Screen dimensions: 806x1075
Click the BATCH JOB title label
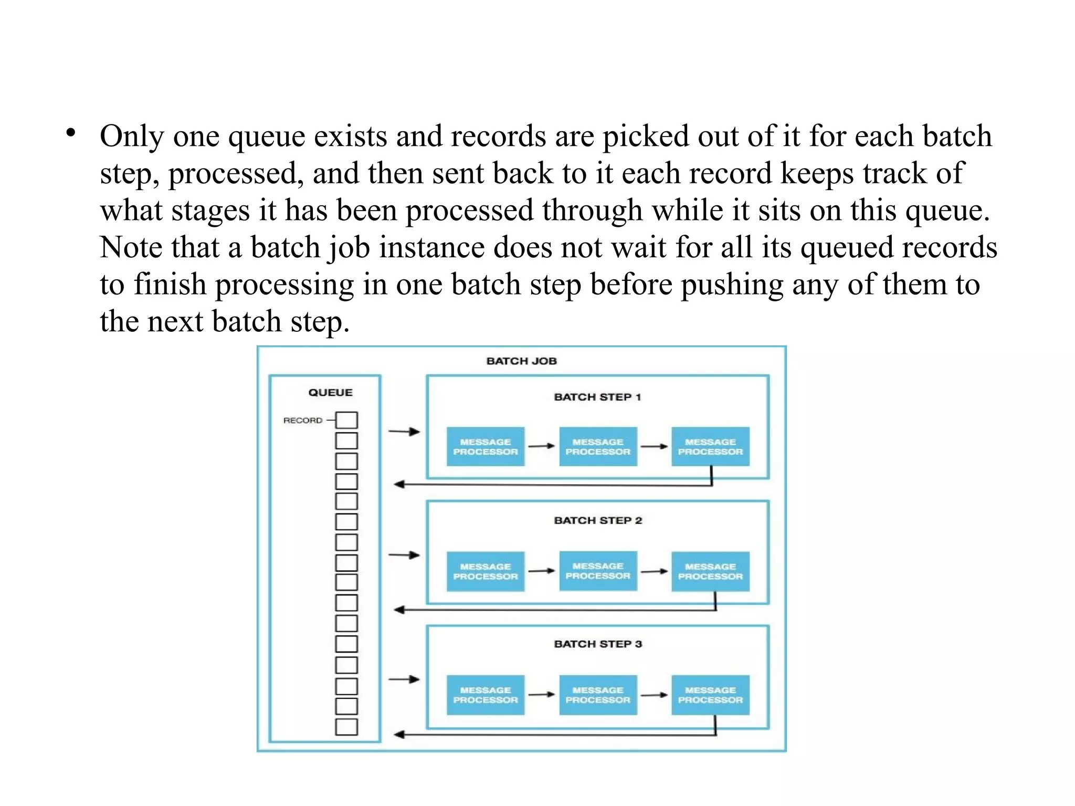pos(521,361)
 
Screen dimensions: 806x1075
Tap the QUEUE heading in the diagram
pos(330,392)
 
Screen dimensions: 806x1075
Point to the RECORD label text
pos(302,421)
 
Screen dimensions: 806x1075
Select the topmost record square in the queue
pos(346,420)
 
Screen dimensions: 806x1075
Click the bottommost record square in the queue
pos(346,727)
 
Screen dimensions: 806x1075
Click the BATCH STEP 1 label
pos(597,397)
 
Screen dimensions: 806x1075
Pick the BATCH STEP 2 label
pos(598,520)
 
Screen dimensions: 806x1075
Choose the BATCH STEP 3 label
pos(598,644)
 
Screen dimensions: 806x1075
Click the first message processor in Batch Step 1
pos(486,446)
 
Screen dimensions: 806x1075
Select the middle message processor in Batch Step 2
pos(598,571)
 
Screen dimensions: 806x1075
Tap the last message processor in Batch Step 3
pos(710,695)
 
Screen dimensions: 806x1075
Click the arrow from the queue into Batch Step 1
pos(404,432)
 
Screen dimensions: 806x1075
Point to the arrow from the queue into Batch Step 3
pos(404,679)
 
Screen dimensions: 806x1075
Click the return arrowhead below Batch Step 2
pos(399,610)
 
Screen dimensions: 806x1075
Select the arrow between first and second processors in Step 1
pos(542,446)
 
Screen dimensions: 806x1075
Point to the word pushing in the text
pos(732,285)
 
